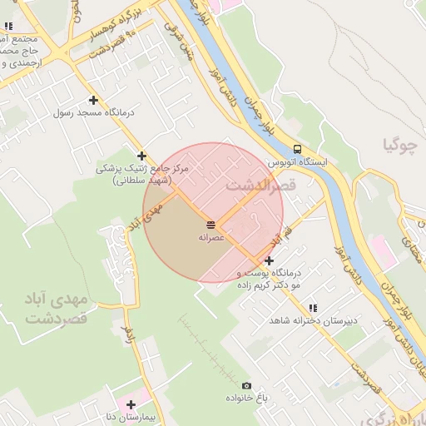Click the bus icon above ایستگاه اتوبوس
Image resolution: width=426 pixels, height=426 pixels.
[297, 150]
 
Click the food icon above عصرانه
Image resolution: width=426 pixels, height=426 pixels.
[211, 225]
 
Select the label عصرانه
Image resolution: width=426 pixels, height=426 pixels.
[211, 237]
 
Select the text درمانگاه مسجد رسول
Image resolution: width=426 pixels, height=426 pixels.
[87, 112]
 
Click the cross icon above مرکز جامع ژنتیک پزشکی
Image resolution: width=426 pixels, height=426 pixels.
[142, 156]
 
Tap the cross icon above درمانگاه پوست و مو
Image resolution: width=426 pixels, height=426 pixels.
[268, 260]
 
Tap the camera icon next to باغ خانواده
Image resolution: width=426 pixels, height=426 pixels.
[246, 385]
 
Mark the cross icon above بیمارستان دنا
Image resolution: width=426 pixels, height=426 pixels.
[131, 404]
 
